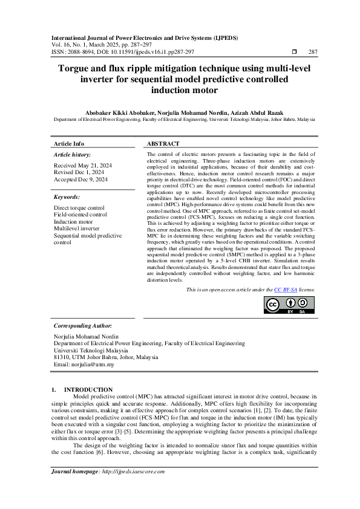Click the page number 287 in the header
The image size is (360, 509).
pos(313,53)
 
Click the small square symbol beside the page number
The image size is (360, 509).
pos(294,53)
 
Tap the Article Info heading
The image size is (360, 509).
pos(70,144)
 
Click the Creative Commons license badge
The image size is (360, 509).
pos(289,305)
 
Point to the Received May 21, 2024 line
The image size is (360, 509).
pos(82,165)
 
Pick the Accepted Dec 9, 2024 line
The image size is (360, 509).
pos(81,180)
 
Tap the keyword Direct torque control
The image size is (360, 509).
pos(79,207)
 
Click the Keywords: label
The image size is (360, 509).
pos(67,197)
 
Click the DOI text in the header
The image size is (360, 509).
pos(145,53)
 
